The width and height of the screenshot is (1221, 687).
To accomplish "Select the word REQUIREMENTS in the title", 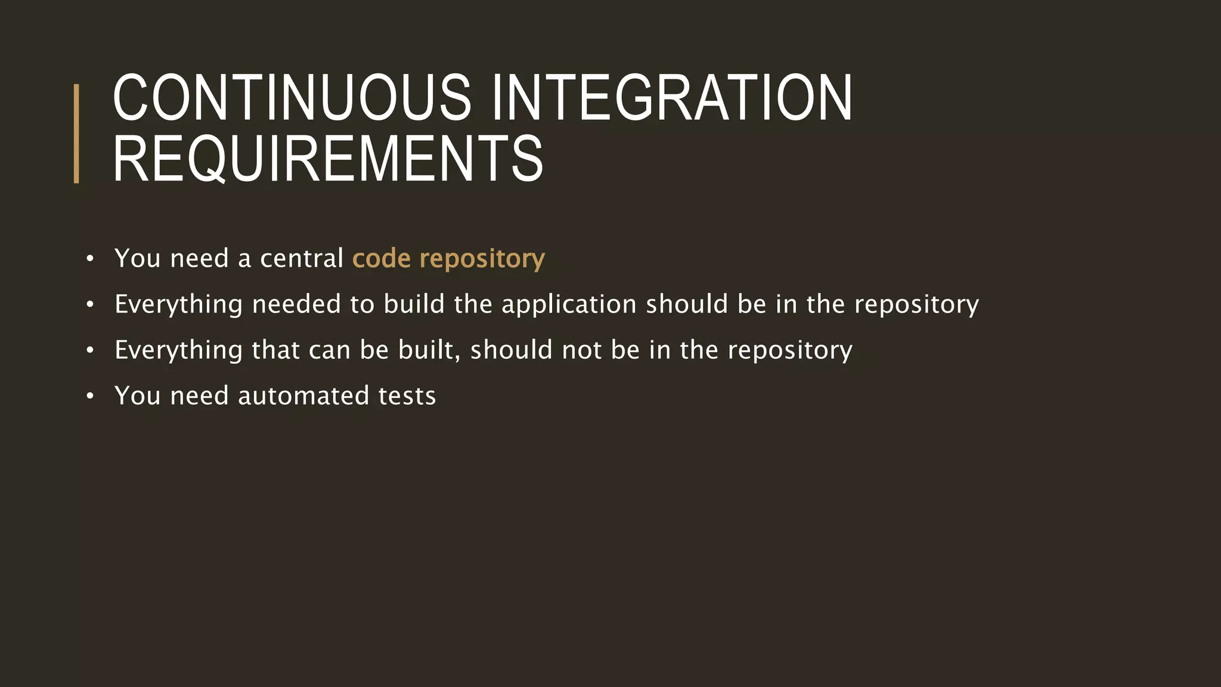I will pyautogui.click(x=328, y=159).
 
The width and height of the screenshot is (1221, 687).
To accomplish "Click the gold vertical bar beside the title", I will pyautogui.click(x=76, y=134).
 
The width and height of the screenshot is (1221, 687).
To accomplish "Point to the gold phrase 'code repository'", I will pyautogui.click(x=448, y=259).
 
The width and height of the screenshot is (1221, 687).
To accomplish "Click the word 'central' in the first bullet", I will pyautogui.click(x=302, y=259).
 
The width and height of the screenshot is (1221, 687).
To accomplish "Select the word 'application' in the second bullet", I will pyautogui.click(x=569, y=305).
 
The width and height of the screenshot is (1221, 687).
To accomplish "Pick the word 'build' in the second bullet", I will pyautogui.click(x=414, y=305).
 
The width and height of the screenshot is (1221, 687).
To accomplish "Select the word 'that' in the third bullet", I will pyautogui.click(x=275, y=350).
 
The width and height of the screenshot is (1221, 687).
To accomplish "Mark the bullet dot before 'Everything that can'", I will pyautogui.click(x=90, y=351).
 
